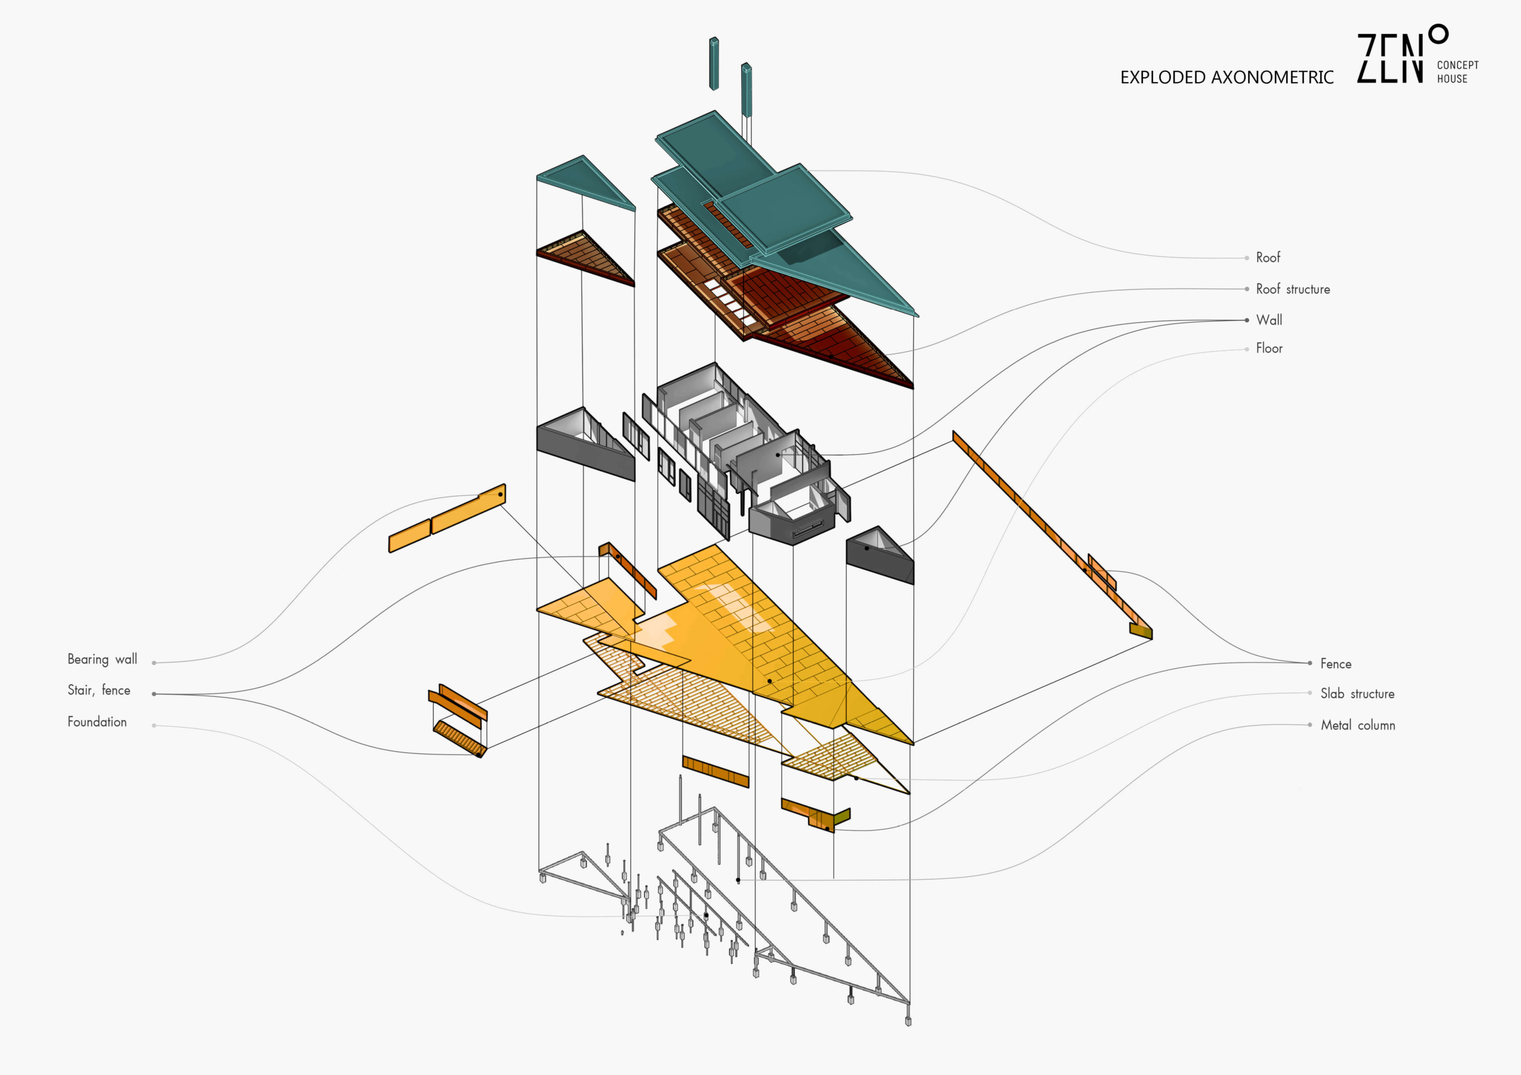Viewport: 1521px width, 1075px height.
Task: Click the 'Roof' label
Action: [1268, 258]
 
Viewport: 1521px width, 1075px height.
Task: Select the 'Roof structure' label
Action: [1292, 289]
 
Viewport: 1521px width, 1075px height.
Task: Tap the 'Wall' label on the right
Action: [1268, 320]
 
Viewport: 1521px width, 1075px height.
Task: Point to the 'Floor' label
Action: [1268, 349]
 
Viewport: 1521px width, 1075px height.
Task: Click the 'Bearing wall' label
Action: [102, 659]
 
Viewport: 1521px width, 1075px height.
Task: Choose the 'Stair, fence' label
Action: [99, 690]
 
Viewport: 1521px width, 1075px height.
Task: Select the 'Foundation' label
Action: [97, 722]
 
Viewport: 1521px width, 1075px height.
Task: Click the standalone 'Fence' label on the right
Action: [1336, 663]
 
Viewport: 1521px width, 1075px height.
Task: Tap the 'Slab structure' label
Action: [1358, 694]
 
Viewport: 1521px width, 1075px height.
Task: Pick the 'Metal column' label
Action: [1358, 725]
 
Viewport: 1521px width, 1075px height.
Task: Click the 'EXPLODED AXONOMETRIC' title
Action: [1227, 77]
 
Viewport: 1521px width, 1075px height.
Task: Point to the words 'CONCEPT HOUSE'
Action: [1457, 71]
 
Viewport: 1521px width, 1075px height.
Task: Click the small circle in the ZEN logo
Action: [1438, 34]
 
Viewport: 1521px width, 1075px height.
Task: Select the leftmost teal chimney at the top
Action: [714, 64]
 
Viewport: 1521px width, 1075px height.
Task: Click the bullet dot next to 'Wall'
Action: [1247, 321]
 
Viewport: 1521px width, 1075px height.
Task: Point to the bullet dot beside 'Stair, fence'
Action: [154, 694]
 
